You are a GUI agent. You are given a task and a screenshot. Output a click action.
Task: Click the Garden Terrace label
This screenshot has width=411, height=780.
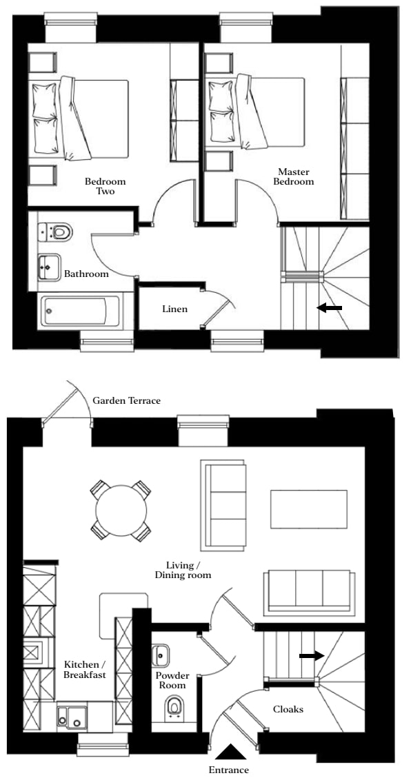click(x=126, y=400)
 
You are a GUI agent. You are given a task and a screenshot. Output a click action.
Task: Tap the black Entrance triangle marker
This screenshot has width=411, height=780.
click(x=230, y=752)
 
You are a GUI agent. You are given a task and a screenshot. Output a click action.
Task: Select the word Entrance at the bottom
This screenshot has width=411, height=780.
click(x=228, y=770)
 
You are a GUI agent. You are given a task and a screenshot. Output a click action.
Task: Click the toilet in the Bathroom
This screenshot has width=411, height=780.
click(x=56, y=232)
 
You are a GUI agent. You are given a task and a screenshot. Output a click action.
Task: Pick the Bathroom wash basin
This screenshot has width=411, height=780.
click(x=50, y=267)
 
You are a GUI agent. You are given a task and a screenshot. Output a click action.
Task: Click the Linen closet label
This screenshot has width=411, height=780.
click(x=175, y=309)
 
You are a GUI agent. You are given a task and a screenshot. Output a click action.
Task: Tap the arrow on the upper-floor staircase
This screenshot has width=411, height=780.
click(x=330, y=308)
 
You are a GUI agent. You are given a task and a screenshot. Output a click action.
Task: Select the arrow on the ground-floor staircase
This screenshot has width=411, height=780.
click(x=312, y=656)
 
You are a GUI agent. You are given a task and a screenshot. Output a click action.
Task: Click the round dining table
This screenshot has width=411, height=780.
click(x=121, y=511)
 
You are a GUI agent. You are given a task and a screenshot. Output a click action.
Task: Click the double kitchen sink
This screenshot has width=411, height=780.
click(x=72, y=716)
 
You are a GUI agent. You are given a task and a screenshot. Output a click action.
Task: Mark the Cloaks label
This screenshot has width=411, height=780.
click(x=288, y=709)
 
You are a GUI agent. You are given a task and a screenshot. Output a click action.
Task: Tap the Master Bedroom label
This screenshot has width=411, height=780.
click(x=296, y=176)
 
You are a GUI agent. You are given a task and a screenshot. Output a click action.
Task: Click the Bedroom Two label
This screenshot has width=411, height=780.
click(x=105, y=186)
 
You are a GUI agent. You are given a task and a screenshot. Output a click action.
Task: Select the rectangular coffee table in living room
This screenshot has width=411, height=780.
click(x=308, y=509)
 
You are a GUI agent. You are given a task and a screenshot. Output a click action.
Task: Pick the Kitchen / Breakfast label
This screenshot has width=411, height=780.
click(x=85, y=670)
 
